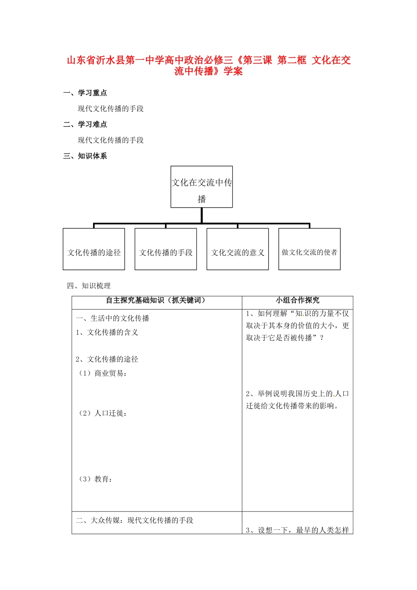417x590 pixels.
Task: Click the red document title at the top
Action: (x=208, y=65)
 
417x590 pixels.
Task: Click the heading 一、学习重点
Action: (x=85, y=93)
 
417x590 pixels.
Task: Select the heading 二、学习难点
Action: (x=85, y=124)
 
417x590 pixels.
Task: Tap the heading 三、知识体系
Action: (x=85, y=156)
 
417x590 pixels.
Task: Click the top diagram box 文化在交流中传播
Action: (x=201, y=187)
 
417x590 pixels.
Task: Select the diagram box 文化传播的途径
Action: (x=94, y=249)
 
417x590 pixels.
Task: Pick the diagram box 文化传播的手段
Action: (x=165, y=249)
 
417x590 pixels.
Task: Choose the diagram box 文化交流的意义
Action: (x=237, y=249)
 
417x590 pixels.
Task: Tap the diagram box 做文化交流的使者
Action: (x=309, y=249)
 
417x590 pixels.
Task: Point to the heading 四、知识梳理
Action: (x=89, y=286)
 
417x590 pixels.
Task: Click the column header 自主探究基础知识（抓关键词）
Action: (x=156, y=300)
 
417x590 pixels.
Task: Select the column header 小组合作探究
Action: (x=297, y=300)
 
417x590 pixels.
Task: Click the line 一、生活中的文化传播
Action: (x=112, y=318)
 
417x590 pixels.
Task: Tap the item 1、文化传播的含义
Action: (x=107, y=332)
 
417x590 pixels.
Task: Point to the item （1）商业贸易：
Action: (x=102, y=373)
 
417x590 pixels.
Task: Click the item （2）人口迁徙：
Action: (x=102, y=413)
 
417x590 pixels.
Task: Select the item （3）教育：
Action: (x=95, y=479)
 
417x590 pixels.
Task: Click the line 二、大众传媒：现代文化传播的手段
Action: (x=134, y=520)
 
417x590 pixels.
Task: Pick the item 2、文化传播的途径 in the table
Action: (x=107, y=359)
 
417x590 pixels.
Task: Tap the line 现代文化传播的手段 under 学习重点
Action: (x=111, y=108)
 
